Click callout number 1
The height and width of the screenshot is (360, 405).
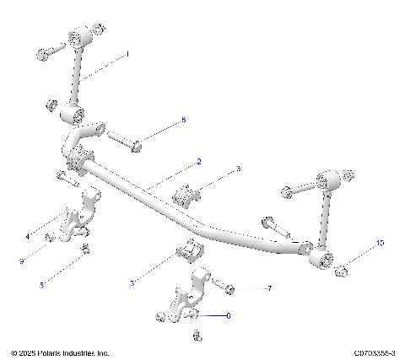coord(128,54)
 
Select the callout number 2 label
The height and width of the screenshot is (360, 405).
coord(198,161)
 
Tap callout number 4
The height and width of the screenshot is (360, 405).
coord(27,238)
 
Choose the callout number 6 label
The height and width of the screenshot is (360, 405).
coord(228,315)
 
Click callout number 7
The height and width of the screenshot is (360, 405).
coord(269,288)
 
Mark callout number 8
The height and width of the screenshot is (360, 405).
coord(183,121)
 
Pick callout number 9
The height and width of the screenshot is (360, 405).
coord(22,261)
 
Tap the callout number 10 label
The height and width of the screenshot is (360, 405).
coord(380,243)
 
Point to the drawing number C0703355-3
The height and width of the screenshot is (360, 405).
coord(375,352)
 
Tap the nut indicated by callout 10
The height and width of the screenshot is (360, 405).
coord(343,271)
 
